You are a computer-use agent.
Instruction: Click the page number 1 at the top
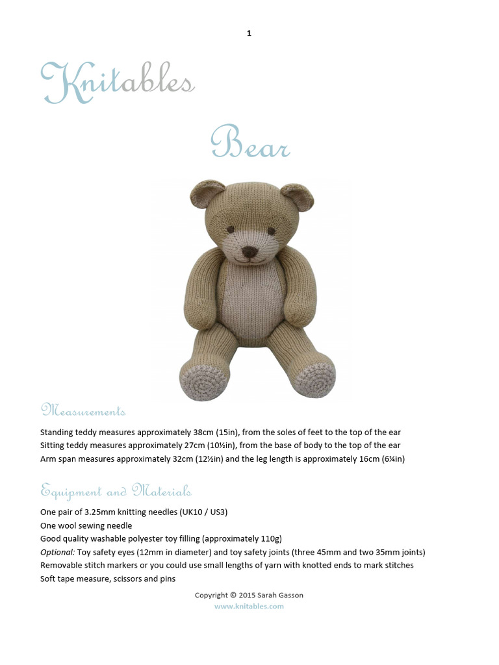point(249,33)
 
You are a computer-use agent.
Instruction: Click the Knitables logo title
point(117,83)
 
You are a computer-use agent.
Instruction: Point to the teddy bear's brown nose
point(249,251)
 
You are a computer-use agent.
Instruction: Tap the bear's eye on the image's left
point(230,229)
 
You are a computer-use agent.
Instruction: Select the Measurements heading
point(83,411)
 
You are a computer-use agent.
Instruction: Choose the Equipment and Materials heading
point(116,490)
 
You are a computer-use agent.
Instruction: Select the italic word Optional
point(57,552)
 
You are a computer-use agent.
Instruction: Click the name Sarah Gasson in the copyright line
point(280,595)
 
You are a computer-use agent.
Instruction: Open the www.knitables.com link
point(249,606)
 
